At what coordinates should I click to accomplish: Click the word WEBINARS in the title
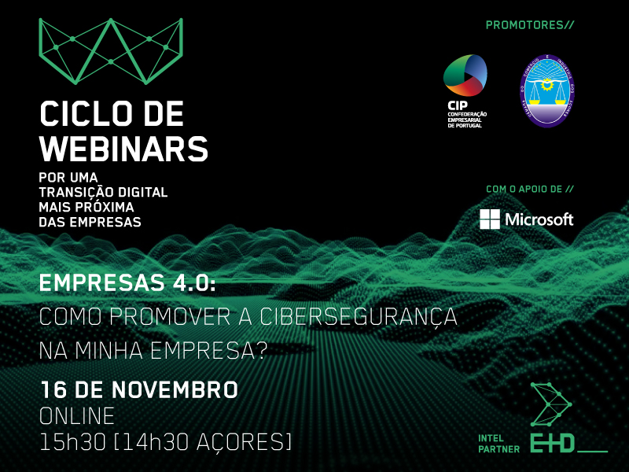(123, 147)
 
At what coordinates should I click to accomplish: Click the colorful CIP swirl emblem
(465, 77)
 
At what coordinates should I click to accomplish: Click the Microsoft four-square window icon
(490, 219)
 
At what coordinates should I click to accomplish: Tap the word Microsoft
(539, 219)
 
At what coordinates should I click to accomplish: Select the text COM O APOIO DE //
(530, 190)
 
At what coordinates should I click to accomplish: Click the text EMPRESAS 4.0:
(127, 284)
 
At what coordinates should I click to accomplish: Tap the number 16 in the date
(54, 389)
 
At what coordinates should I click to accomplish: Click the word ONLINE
(76, 415)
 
